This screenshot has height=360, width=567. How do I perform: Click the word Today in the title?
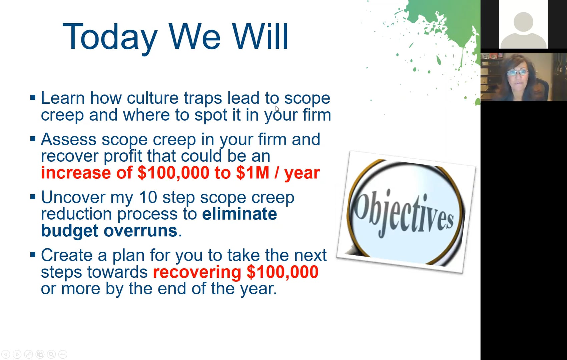(110, 37)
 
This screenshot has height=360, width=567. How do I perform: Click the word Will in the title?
(260, 37)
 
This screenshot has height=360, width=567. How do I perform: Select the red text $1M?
(252, 173)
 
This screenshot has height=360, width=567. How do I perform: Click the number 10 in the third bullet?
(148, 197)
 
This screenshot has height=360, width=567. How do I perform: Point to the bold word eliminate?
(239, 214)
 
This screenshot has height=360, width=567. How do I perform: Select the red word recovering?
(197, 272)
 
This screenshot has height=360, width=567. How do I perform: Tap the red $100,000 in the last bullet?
(282, 272)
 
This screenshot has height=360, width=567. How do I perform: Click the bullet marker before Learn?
(33, 98)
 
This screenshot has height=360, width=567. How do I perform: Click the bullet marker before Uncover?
(33, 197)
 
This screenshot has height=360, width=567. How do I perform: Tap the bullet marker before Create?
(33, 255)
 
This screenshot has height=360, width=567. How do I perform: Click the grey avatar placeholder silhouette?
(523, 28)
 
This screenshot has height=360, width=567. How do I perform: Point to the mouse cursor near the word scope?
(277, 108)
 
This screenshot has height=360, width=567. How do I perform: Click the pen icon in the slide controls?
(29, 354)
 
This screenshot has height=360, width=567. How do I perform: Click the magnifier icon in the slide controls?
(51, 354)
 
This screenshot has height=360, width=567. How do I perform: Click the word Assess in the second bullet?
(69, 139)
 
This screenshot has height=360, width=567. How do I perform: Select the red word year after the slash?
(302, 173)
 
